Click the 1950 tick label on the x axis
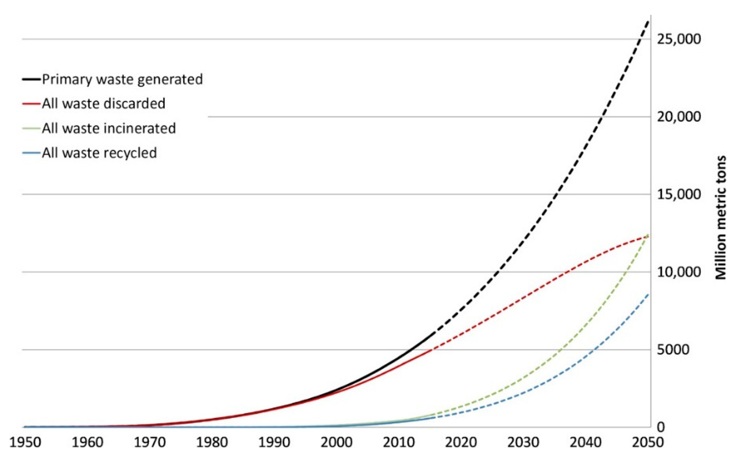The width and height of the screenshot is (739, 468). [x=25, y=443]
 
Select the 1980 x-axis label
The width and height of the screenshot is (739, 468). [x=212, y=443]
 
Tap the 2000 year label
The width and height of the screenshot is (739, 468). [x=337, y=443]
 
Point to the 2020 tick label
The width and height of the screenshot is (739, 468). [x=461, y=443]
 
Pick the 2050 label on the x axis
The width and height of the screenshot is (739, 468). [x=647, y=443]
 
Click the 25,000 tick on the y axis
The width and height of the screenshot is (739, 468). [x=679, y=39]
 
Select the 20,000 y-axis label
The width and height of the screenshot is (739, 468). [x=679, y=117]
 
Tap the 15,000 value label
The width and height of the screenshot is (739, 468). [x=679, y=194]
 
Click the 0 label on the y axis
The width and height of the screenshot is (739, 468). [x=661, y=427]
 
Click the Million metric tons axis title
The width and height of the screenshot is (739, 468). [x=721, y=218]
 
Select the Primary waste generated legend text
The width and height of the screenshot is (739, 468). [x=122, y=79]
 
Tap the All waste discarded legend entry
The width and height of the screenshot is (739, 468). [x=103, y=104]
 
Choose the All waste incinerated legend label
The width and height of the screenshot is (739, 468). [x=109, y=128]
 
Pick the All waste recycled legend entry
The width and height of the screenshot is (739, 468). [x=99, y=153]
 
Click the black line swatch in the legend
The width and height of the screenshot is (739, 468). [x=31, y=79]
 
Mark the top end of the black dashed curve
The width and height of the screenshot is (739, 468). [x=648, y=21]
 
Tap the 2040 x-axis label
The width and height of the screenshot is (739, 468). [x=585, y=443]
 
